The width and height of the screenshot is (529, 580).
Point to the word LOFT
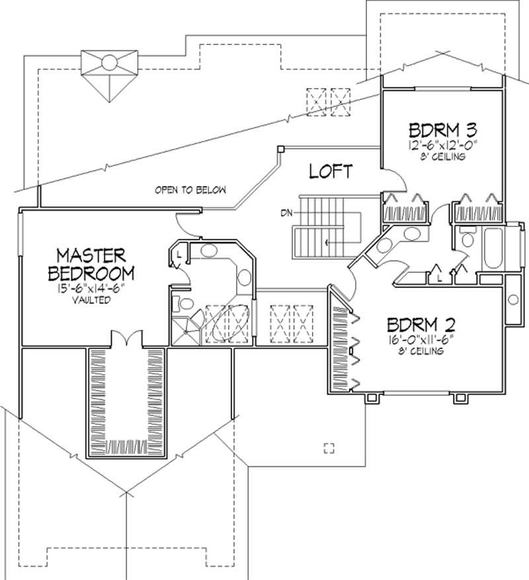point(330,171)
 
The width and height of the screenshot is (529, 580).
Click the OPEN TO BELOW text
point(190,190)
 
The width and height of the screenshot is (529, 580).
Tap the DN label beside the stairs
point(286,213)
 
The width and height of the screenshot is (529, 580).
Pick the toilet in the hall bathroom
point(468,238)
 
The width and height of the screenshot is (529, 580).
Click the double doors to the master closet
point(126,339)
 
